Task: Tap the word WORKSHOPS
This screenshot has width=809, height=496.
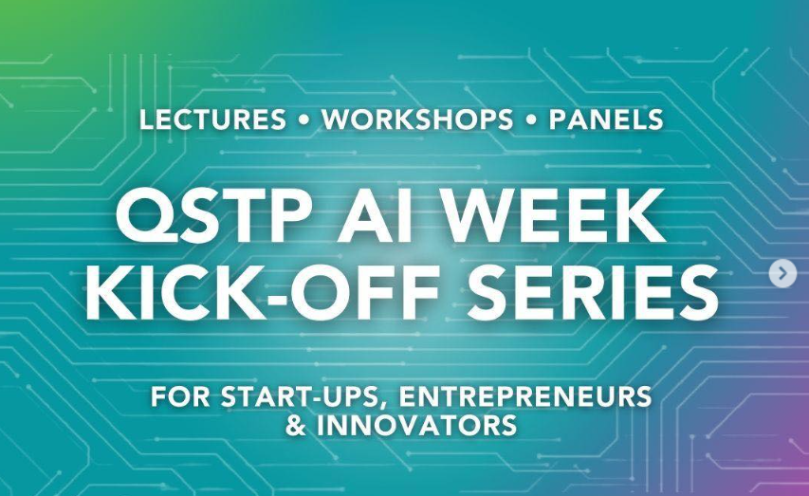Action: click(417, 119)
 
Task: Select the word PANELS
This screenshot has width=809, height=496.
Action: click(605, 119)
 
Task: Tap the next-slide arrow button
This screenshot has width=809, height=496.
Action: click(781, 274)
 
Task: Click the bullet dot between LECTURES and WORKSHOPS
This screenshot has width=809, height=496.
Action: click(303, 120)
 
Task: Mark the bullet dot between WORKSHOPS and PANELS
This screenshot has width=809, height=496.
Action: click(530, 120)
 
